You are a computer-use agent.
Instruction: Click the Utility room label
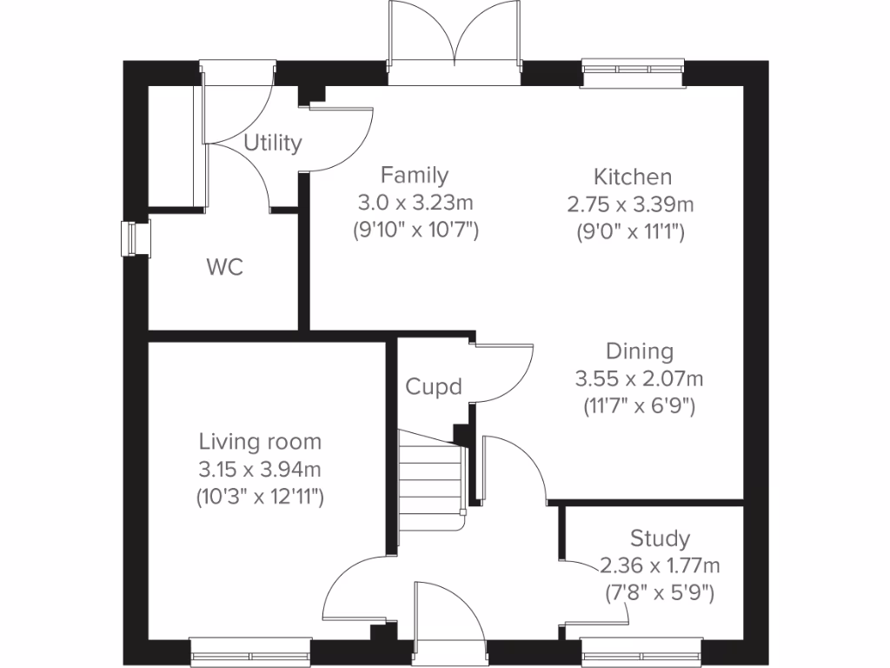(x=272, y=143)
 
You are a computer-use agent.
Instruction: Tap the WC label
(x=224, y=268)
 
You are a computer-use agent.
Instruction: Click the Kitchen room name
(x=632, y=177)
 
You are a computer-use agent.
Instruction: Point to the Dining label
(x=640, y=351)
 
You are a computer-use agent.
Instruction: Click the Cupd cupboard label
(x=434, y=386)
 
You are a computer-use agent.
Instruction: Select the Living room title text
(x=260, y=442)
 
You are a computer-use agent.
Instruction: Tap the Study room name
(x=660, y=538)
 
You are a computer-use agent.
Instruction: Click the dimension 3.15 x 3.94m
(x=260, y=470)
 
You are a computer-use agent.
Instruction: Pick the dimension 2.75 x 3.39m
(x=632, y=204)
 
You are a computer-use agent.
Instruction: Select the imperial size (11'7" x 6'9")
(x=640, y=406)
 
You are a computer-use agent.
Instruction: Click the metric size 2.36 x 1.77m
(x=660, y=565)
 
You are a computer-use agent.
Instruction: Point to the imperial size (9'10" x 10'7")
(x=415, y=231)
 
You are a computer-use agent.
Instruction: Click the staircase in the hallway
(x=429, y=478)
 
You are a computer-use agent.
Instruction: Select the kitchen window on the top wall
(x=633, y=73)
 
